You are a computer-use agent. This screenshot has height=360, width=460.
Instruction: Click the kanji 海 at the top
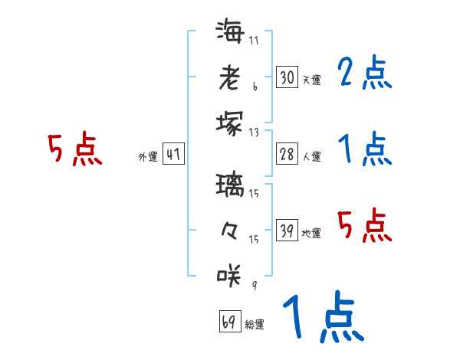[229, 32]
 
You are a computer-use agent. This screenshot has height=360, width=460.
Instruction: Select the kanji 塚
[229, 122]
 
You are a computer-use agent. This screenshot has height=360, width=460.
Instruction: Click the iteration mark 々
[229, 229]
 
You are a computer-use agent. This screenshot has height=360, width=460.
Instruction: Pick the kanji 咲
[229, 275]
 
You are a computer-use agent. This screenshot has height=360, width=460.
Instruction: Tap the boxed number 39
[287, 231]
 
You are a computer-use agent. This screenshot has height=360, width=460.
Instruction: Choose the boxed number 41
[173, 155]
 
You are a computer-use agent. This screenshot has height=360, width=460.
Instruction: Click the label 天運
[312, 80]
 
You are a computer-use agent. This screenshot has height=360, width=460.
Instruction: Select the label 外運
[148, 157]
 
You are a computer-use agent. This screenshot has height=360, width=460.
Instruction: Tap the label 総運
[255, 325]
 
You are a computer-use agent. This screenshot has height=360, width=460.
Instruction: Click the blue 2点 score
[366, 73]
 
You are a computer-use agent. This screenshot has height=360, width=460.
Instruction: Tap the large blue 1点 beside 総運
[323, 318]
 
